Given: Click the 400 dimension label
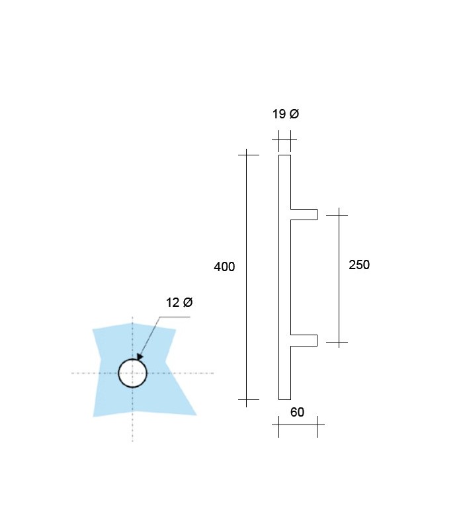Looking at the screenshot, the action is (x=224, y=267).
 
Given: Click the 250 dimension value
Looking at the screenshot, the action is (x=359, y=265).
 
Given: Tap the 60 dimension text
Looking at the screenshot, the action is (x=297, y=412).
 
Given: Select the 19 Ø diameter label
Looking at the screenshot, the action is (x=286, y=114).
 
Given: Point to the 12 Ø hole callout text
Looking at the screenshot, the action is (x=179, y=302).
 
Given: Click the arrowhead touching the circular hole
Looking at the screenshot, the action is (x=140, y=357).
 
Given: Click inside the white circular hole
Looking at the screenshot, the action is (x=133, y=373).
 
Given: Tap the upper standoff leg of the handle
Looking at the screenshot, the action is (x=304, y=214).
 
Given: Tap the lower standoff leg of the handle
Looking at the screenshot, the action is (x=304, y=341).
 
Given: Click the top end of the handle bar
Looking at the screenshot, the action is (x=284, y=155).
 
